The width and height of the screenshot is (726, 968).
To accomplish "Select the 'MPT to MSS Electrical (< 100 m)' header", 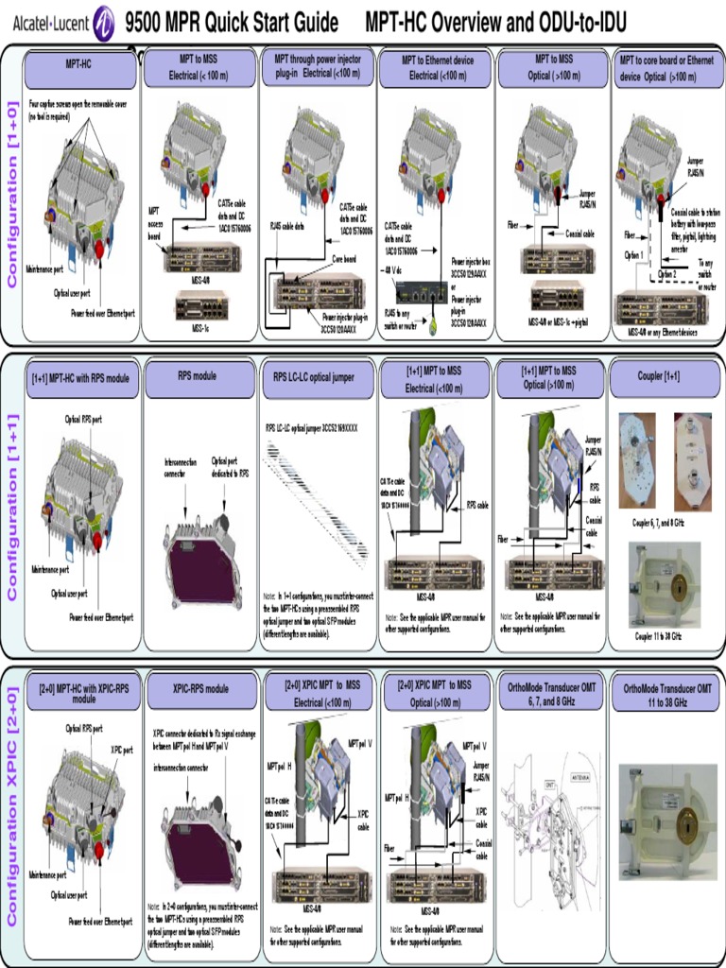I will pos(199,68).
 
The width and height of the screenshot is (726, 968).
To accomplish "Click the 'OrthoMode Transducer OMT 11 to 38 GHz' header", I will pos(667,695).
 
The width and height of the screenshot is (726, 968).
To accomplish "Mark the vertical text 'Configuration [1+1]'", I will pos(12,506).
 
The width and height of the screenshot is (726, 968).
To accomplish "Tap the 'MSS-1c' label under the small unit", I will pos(200,328).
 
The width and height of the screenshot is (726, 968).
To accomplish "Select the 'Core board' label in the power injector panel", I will pos(343,257).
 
